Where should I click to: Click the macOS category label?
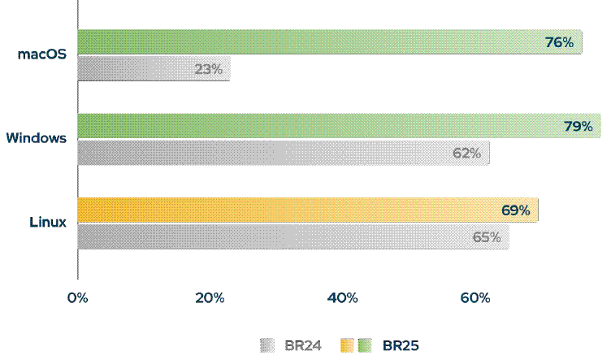pos(42,54)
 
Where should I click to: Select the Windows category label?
pos(36,138)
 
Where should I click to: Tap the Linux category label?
pos(48,222)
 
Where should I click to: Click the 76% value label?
pos(560,42)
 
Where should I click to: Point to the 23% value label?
pos(208,69)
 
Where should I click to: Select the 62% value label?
pos(467,153)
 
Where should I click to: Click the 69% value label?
pos(515,210)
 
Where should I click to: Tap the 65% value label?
pos(487,237)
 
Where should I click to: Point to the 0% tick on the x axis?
pos(77,298)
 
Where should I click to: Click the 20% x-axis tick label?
pos(210,298)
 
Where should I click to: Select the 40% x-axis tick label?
pos(342,298)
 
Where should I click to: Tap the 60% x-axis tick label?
pos(474,298)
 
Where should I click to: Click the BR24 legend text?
pos(303,345)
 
